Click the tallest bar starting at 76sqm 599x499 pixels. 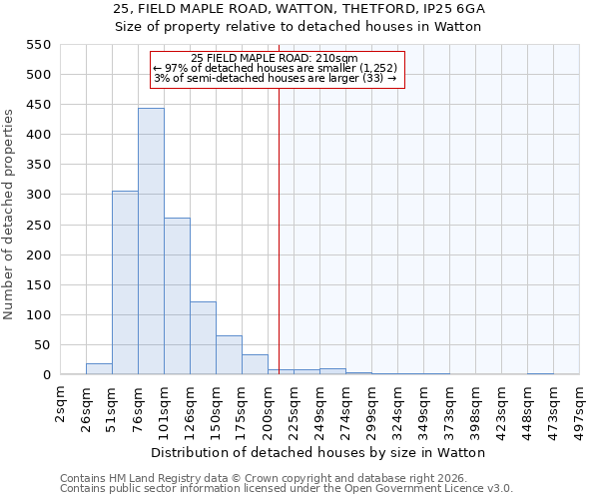pos(151,242)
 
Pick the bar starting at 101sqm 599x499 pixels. pos(177,296)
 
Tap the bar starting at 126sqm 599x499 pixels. pos(203,338)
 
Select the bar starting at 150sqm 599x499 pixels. pos(229,355)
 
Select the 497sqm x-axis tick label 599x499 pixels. pos(579,409)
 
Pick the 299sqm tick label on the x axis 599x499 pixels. pos(371,409)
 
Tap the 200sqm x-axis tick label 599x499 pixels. pos(268,409)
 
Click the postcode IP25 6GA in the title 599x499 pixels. pos(457,9)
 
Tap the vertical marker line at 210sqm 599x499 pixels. pos(279,230)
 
